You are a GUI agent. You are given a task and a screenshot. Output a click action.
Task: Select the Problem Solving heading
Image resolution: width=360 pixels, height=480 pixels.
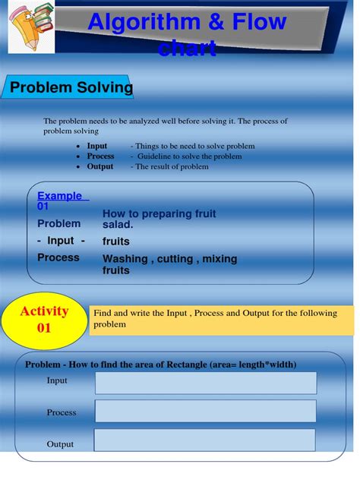coord(71,88)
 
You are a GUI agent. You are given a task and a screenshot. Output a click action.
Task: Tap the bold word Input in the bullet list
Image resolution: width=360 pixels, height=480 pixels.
coord(97,146)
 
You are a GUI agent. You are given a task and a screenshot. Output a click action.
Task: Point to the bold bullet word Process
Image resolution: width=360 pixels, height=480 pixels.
coord(100,156)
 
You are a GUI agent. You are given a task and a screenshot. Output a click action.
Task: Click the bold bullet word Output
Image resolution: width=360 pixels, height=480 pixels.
coord(100,166)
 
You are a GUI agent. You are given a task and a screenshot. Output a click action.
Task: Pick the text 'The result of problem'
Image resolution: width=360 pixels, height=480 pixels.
coord(172,166)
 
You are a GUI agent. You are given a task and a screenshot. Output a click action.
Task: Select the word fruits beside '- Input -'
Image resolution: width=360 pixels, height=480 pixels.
coord(116,242)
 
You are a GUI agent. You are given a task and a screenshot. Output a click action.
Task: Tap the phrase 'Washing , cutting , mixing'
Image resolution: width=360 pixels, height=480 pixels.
coord(169,259)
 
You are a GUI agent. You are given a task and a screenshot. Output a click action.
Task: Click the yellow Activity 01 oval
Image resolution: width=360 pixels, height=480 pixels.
coord(44,319)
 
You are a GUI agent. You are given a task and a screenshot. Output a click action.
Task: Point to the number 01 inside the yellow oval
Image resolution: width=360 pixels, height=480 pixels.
coord(44,328)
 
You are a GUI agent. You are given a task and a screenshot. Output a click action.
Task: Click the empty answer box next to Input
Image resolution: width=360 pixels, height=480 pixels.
coord(205,383)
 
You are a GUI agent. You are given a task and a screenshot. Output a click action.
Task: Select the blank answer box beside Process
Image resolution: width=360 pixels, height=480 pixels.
coord(205,412)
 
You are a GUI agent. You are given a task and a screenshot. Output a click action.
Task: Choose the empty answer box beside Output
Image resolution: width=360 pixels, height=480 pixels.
coord(205,440)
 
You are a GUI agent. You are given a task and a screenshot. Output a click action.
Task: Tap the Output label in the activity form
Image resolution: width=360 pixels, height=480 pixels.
coord(60,444)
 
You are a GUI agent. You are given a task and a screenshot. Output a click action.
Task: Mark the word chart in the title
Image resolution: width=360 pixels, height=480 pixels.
coord(187,49)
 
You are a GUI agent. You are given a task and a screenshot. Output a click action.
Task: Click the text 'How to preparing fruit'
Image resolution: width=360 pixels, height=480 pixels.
coord(159,214)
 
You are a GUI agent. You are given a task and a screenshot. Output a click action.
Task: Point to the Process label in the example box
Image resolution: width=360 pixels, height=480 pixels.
coord(58,257)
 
